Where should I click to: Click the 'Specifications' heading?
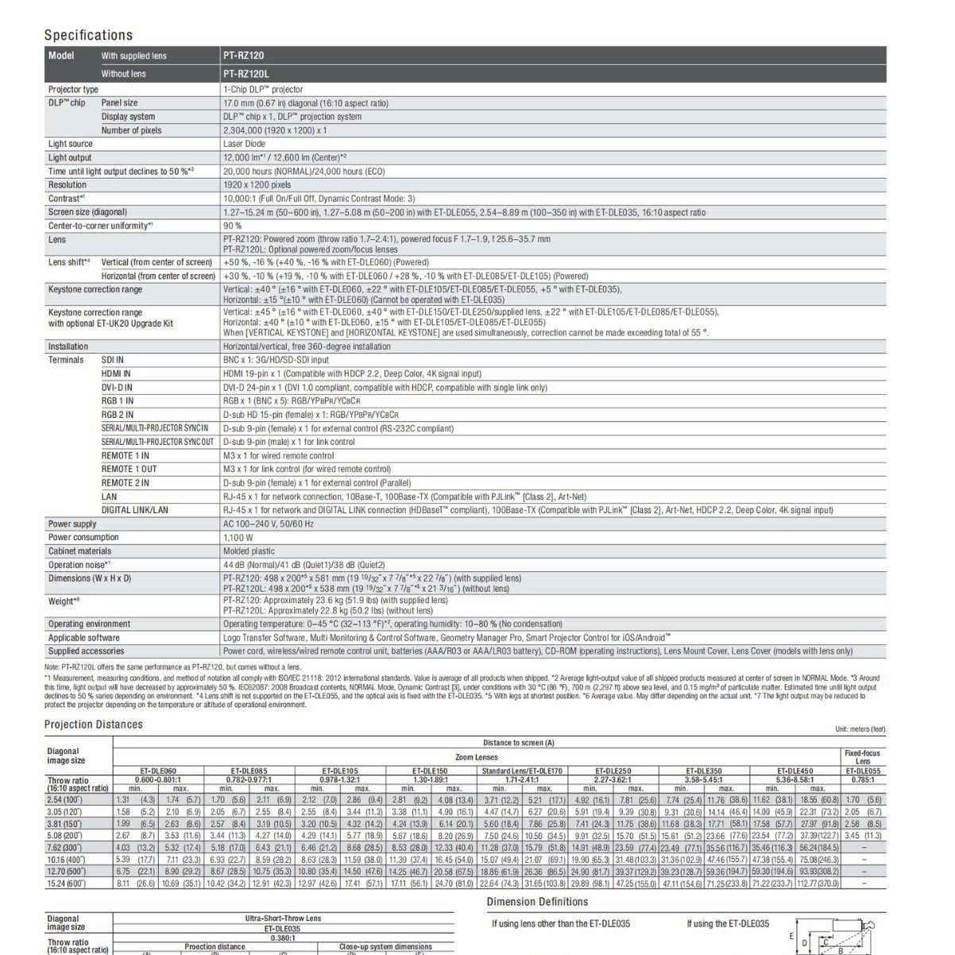(88, 35)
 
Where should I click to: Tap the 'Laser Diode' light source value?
(244, 144)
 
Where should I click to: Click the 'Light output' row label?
(70, 157)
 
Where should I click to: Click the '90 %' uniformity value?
(232, 226)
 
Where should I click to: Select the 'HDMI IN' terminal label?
(116, 373)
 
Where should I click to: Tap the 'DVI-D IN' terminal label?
(117, 387)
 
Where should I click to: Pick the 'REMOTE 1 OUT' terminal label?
(129, 469)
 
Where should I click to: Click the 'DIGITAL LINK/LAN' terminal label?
(134, 510)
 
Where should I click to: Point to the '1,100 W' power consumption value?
(238, 537)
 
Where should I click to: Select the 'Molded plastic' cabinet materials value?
(249, 551)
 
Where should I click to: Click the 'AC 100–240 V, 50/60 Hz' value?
(268, 524)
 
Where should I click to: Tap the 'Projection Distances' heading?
(94, 725)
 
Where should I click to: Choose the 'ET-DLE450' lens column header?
(795, 771)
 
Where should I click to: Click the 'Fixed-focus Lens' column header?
(862, 756)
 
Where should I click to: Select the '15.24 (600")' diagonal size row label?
(67, 883)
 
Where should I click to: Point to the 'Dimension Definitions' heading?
(537, 902)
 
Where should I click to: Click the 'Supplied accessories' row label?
(86, 651)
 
